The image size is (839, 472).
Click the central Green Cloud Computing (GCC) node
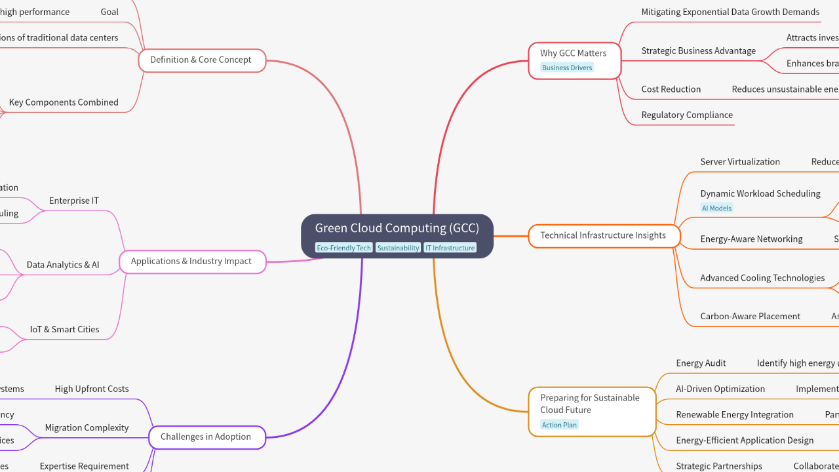[397, 229]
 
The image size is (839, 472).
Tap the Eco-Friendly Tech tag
[343, 248]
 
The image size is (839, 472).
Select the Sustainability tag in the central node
[398, 248]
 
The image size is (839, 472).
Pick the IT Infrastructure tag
[450, 248]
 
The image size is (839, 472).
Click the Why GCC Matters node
[574, 54]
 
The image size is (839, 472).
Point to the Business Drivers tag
[567, 68]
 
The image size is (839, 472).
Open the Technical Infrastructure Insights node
[603, 235]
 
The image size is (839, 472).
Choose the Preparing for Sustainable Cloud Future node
[590, 404]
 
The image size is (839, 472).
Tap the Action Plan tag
[559, 425]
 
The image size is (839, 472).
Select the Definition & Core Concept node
[201, 60]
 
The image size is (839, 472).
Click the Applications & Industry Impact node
[191, 261]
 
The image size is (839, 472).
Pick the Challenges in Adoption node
[206, 437]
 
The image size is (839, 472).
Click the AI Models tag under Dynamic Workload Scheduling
[716, 208]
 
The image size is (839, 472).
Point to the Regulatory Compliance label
[687, 115]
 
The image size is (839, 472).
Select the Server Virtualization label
[740, 162]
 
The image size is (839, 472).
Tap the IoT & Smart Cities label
[64, 329]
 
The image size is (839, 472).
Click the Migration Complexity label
[87, 427]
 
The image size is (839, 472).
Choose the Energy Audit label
[701, 363]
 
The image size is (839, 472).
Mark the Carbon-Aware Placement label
[750, 316]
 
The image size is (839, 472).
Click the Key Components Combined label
[64, 102]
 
